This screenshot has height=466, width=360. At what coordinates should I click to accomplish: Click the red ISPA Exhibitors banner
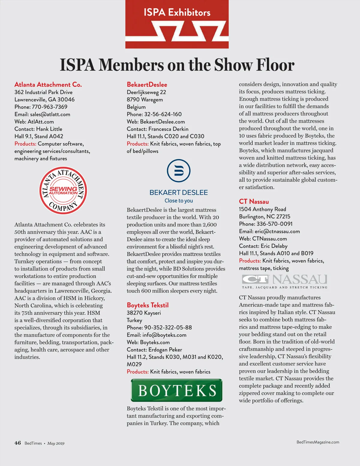177,24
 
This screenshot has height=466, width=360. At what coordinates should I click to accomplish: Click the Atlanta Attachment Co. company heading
48,85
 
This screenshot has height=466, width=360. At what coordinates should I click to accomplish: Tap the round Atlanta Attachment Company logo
63,191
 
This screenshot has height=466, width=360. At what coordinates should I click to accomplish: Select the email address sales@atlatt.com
50,114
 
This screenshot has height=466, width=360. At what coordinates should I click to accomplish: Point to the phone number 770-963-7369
49,107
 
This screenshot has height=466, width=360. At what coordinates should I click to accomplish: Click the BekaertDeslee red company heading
147,85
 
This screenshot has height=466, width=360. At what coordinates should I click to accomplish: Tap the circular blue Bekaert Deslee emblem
178,171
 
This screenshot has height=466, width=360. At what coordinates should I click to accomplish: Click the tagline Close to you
179,201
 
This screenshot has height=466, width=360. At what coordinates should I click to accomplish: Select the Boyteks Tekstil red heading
148,305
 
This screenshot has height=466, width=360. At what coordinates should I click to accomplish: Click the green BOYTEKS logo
177,390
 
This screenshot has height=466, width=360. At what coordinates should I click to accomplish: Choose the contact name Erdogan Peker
165,350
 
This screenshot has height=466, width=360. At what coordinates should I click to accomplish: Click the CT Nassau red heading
254,202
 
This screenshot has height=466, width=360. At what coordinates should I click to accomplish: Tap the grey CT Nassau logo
284,281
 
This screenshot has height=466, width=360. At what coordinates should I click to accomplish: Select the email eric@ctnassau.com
277,231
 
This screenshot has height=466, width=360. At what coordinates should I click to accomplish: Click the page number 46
18,443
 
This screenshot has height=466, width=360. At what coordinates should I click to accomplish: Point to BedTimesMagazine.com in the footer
318,442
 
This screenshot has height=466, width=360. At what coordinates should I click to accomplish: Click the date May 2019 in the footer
56,443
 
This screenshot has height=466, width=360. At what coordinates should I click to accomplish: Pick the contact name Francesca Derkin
169,129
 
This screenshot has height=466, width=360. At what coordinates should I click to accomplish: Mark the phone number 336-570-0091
274,224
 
